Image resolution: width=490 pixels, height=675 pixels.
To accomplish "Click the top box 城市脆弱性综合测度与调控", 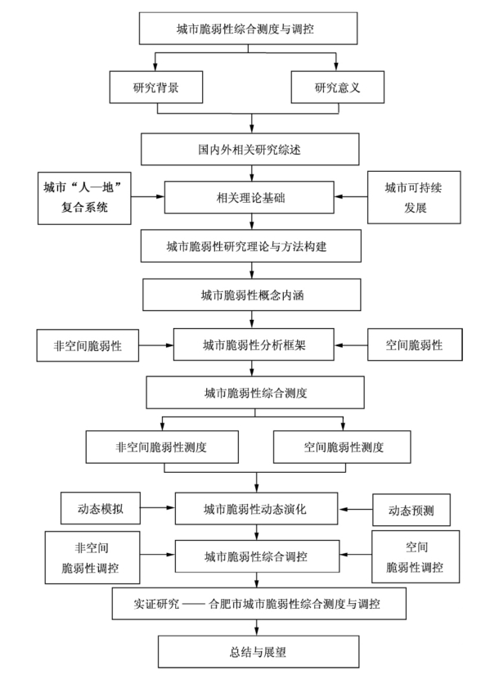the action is pos(248,29).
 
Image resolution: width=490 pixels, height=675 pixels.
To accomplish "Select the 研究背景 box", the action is pos(156,88).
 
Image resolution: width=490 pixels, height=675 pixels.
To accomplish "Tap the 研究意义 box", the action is pos(338,88).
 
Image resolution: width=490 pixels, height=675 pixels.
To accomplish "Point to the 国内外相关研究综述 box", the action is pos(249,150).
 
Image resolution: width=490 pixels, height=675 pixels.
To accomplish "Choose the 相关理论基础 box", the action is pos(249,198).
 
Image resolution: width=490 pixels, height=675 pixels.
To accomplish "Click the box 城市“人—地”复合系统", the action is pos(84,198).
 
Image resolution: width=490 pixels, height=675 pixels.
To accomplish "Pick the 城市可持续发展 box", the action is pos(414,198).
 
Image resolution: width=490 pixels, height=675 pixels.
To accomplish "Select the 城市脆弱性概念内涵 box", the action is pos(252,295).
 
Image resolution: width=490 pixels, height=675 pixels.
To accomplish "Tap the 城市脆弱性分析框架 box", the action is pos(254,344).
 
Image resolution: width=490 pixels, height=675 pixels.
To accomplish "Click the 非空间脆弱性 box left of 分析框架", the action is pos(88,345).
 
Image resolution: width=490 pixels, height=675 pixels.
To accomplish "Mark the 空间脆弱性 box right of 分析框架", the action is pos(415,344).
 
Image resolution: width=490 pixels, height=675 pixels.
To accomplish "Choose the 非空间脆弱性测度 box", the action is pos(162,447).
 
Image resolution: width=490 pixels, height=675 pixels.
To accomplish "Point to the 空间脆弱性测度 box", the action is pos(342,447).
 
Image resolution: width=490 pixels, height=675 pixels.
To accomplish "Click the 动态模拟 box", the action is pos(101,508).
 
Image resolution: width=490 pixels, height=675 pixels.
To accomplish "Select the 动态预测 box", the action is pos(411,510).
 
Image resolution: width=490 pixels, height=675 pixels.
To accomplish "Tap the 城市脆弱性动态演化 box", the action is pos(257,509).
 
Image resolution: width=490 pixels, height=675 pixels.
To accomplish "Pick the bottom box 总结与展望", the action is pos(258,652).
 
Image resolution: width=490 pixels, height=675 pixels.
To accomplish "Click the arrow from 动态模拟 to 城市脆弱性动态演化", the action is pos(158,508).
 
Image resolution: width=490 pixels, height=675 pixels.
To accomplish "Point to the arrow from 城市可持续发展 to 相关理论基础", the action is pos(351,196).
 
